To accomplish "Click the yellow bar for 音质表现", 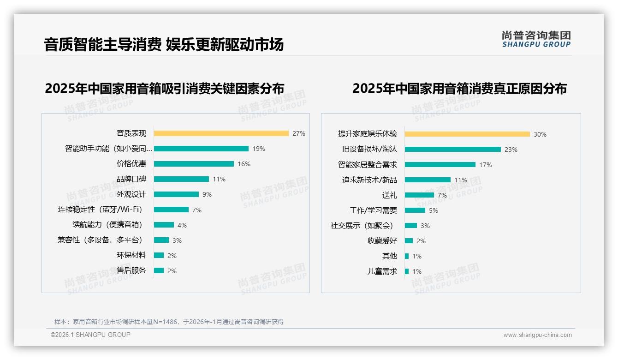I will point(221,133).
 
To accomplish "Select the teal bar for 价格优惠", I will point(194,164).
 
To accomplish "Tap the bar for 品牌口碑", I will point(181,179).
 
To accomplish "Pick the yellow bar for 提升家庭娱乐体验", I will point(467,134).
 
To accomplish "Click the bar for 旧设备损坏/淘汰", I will point(453,150).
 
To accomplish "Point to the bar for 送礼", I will point(419,195).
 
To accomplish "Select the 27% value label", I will point(298,133).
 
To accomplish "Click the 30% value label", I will point(540,134).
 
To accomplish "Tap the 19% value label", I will point(258,149).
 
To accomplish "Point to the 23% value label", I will point(511,150).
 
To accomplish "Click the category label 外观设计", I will point(131,194).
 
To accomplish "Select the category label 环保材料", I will point(131,255).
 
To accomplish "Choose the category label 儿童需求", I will point(382,271).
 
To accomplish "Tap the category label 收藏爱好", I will point(382,241).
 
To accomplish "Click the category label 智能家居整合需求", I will point(367,165).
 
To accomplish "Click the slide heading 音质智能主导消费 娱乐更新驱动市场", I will point(164,44).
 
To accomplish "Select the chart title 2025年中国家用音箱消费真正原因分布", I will point(459,88).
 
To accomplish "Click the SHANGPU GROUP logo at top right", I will point(536,39).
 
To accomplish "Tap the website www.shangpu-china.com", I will point(537,335).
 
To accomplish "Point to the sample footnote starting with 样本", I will point(169,322).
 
